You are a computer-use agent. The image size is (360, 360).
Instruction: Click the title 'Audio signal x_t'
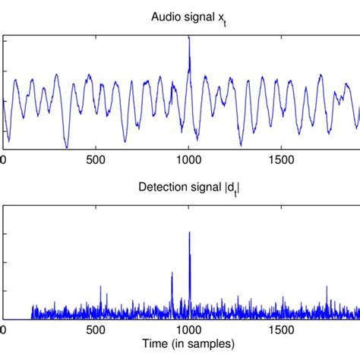tap(188, 18)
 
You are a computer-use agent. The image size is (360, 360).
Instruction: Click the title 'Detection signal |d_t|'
tap(189, 188)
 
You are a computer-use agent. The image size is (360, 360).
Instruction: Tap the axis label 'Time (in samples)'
tap(188, 344)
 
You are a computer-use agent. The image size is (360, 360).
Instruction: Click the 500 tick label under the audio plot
tap(96, 160)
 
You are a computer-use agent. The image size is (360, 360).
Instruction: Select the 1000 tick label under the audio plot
tap(189, 160)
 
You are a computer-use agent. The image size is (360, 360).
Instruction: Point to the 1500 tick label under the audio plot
tap(282, 160)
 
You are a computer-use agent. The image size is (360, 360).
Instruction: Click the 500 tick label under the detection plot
tap(96, 330)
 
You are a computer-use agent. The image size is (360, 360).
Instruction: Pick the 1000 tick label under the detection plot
tap(189, 330)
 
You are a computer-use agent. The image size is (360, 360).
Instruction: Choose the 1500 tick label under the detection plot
tap(282, 330)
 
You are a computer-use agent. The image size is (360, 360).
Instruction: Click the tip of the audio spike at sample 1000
tap(189, 36)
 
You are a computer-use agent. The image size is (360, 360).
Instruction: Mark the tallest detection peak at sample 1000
tap(189, 232)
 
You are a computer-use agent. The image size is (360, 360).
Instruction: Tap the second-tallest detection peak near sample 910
tap(172, 272)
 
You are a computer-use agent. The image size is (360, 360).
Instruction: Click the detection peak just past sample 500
tap(100, 286)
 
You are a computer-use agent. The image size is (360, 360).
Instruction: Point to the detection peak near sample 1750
tap(327, 286)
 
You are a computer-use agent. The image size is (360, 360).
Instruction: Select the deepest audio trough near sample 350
tap(67, 147)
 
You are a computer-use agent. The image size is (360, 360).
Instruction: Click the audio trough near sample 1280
tap(241, 146)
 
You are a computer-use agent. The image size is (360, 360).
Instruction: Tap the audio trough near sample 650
tap(125, 141)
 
